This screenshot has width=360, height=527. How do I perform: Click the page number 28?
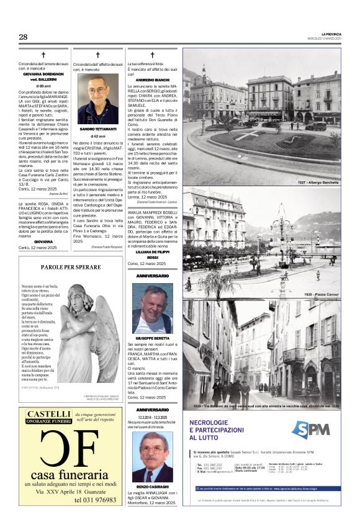pyautogui.click(x=23, y=37)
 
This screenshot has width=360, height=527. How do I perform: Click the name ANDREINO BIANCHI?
pyautogui.click(x=152, y=81)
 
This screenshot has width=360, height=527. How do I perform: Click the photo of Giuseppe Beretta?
pyautogui.click(x=152, y=309)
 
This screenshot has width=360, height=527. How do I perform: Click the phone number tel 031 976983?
pyautogui.click(x=95, y=499)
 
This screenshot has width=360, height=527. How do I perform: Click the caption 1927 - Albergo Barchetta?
pyautogui.click(x=317, y=184)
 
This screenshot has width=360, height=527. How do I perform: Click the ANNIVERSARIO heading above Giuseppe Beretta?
pyautogui.click(x=152, y=275)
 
